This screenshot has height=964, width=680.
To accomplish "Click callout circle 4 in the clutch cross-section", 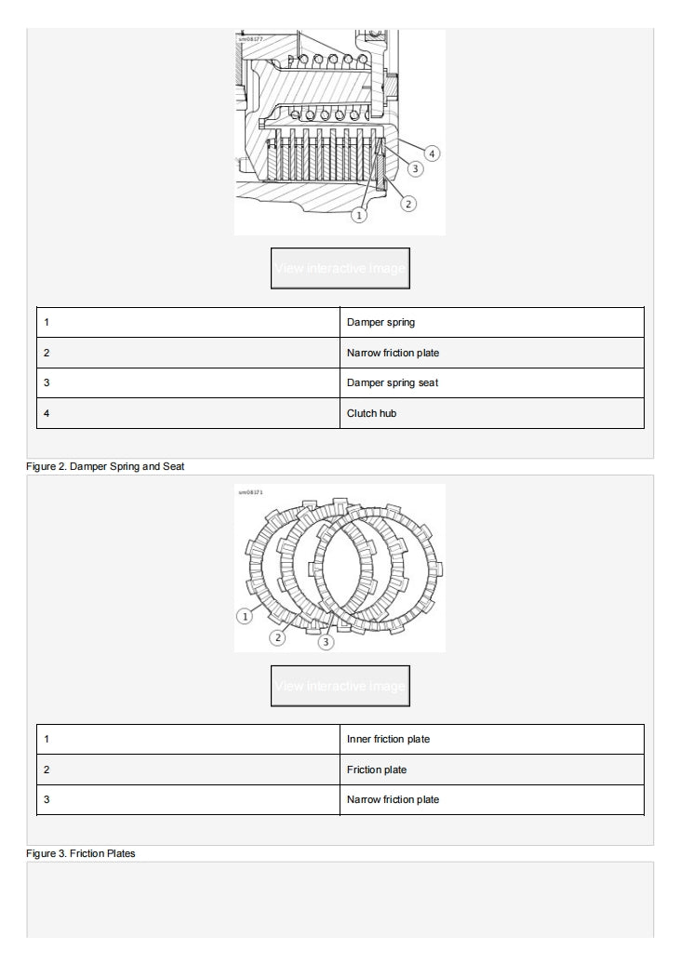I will [433, 153].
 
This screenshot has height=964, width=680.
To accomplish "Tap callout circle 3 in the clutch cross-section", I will [416, 168].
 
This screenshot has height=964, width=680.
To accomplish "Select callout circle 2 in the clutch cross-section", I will [407, 203].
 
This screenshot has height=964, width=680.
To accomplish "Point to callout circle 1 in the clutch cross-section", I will [360, 215].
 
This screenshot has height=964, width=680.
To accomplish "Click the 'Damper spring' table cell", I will [381, 323].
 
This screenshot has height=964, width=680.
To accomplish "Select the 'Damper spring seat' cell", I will [393, 382].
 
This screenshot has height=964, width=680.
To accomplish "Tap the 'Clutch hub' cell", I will [371, 413].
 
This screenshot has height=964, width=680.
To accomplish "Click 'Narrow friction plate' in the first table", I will [393, 353].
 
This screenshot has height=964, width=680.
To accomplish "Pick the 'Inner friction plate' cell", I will [388, 740].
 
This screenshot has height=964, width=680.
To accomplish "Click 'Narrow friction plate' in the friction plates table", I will [393, 799].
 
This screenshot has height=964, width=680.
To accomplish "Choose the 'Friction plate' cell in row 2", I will [377, 770].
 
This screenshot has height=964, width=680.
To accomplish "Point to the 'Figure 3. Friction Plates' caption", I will [80, 853].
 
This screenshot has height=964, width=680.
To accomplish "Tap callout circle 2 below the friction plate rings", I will [277, 636].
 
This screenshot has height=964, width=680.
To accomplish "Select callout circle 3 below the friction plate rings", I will [325, 641].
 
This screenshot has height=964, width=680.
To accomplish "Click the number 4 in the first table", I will [47, 413].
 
